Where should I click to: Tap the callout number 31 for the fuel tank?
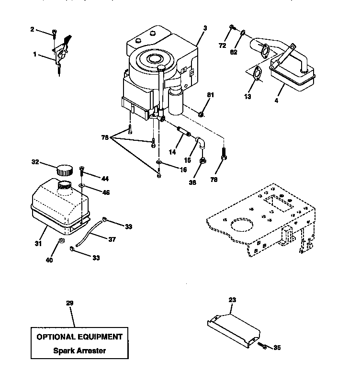coord(38,244)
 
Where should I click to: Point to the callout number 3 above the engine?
coord(205,29)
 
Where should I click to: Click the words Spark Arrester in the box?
coord(79,350)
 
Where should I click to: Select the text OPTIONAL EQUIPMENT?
coord(79,337)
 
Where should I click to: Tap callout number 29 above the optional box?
coord(70,303)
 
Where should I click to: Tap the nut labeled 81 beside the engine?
coord(202,113)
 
